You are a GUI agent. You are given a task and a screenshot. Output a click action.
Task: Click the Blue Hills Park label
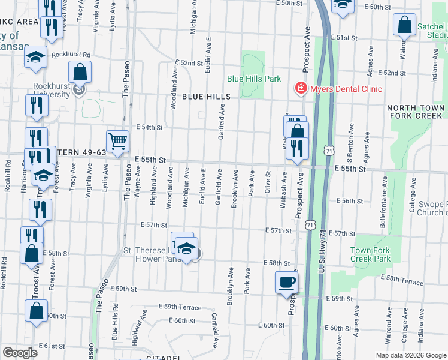pos(254,79)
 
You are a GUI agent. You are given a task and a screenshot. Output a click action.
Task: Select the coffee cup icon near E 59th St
pos(286,281)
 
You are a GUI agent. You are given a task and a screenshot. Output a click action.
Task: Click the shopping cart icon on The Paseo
pos(118,142)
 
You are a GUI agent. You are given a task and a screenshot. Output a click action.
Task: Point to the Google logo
pos(20,352)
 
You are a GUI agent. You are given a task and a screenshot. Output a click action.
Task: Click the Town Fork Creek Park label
pos(370,254)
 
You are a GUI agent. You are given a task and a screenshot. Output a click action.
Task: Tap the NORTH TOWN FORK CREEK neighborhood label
pos(416,113)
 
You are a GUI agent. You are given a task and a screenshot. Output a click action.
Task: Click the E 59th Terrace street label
pos(180,307)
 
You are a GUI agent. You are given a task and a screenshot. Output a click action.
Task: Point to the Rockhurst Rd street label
pos(70,54)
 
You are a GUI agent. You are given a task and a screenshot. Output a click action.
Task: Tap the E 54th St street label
pos(150,127)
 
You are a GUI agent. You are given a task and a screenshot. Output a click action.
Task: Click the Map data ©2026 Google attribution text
pos(410,355)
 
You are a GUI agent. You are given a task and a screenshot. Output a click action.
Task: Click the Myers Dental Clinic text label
pos(345,89)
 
